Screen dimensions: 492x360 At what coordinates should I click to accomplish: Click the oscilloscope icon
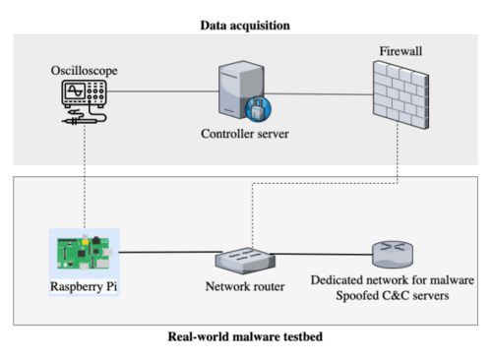84,102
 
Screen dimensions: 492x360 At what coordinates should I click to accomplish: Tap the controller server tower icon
241,90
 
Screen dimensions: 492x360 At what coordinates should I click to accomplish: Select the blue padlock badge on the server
258,109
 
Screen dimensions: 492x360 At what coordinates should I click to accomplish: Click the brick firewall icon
400,95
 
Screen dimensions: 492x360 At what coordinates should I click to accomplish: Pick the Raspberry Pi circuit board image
84,253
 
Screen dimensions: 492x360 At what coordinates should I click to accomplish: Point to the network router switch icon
245,261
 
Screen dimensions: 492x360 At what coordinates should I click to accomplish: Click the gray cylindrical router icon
393,255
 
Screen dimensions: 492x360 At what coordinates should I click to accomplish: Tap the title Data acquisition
245,26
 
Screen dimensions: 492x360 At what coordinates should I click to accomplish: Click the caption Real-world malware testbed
245,336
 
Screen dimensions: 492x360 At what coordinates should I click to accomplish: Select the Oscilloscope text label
84,71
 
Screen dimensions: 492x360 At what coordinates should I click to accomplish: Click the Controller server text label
245,134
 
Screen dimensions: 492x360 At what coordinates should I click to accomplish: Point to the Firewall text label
400,51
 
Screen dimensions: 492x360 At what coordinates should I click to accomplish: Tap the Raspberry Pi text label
84,286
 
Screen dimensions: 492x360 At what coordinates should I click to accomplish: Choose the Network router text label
245,286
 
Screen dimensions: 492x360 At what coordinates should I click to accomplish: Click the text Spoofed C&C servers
393,296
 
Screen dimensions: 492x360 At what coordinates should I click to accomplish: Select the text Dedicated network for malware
393,280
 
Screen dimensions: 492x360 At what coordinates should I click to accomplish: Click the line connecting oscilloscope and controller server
163,91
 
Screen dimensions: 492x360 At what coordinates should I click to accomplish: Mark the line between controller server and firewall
319,94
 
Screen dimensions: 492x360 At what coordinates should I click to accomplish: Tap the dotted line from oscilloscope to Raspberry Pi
85,176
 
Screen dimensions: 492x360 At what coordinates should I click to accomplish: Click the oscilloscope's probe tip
63,122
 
